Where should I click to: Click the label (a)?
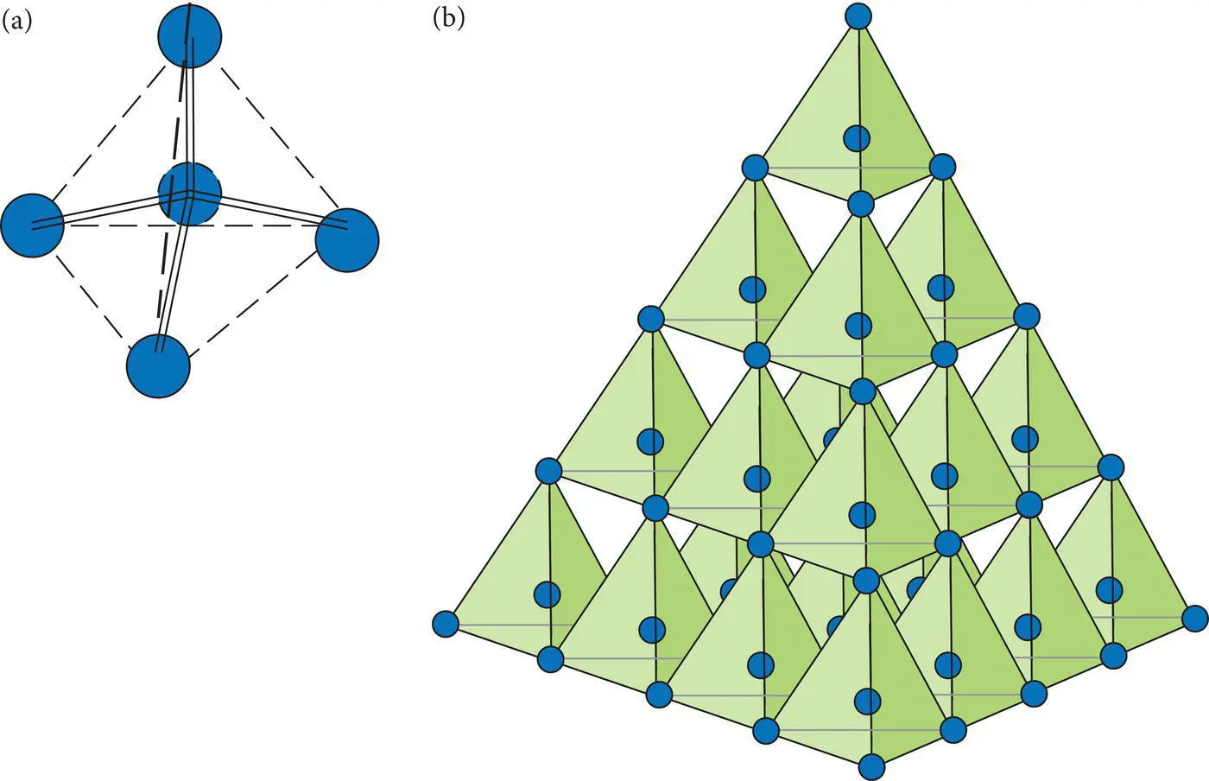17,21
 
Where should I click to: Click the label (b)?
448,19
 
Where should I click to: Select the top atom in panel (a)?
190,35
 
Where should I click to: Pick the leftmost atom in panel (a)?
32,225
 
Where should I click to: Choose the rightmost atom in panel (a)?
347,240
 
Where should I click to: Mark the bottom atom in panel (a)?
158,365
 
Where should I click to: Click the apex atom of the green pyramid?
857,16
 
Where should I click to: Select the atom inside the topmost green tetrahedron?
857,137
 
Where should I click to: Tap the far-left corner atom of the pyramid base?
445,623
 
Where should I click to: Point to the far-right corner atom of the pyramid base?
1194,619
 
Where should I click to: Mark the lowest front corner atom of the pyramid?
871,766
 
